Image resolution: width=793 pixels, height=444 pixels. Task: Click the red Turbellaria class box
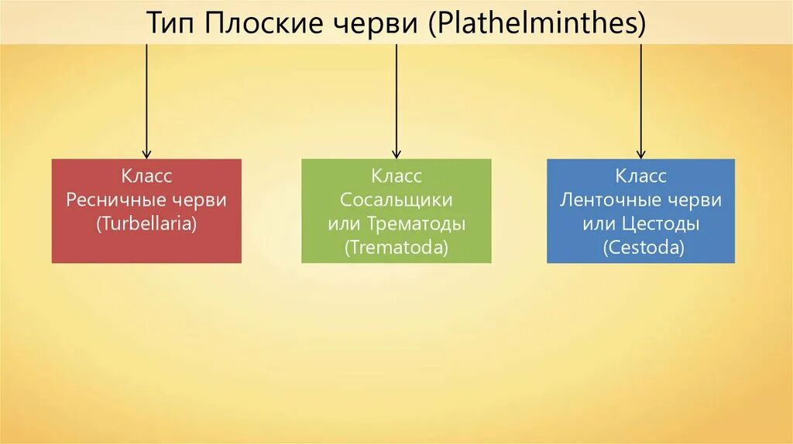[x=146, y=210]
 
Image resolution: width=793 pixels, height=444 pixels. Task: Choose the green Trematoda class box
[x=396, y=210]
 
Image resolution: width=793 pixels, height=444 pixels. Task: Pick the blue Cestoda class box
[x=640, y=210]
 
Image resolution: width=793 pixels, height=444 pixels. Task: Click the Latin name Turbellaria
[x=146, y=224]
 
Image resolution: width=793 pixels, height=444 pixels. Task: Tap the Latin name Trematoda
[x=396, y=248]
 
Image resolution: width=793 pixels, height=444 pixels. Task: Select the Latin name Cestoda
[x=640, y=248]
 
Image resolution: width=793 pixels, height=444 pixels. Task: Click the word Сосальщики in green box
[x=396, y=200]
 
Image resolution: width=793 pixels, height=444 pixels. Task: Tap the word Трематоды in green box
[x=417, y=224]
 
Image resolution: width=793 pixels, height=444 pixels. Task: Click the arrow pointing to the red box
[x=146, y=101]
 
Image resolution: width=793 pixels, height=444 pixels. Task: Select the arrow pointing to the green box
[x=396, y=101]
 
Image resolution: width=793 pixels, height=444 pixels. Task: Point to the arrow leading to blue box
[x=640, y=101]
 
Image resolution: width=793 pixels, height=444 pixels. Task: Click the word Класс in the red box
[x=146, y=176]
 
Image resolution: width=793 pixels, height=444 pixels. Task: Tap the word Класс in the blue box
[x=640, y=176]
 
